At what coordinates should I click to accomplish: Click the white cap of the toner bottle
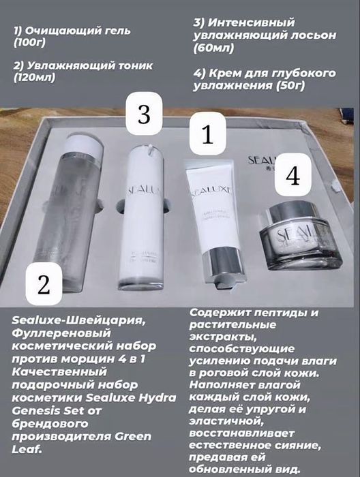pos(84,145)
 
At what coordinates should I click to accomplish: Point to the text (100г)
pos(29,43)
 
